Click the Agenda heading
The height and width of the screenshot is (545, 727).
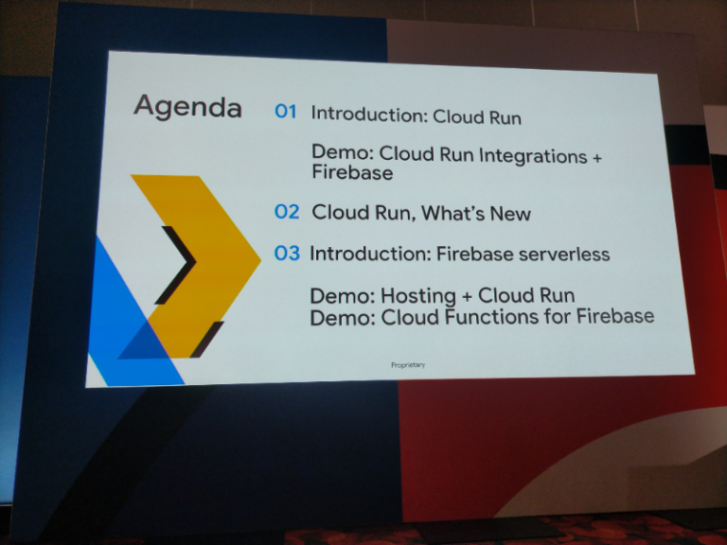pos(187,106)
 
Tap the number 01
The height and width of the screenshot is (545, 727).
pos(285,112)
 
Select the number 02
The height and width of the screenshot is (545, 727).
pos(286,211)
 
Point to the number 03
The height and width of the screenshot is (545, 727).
pos(286,253)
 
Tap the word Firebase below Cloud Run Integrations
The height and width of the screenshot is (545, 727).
pos(351,174)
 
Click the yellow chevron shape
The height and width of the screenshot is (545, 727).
pos(204,255)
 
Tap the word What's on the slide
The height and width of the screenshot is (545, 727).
pos(454,213)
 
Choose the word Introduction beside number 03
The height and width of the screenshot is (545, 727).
pos(367,254)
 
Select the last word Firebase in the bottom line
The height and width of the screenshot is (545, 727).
pos(614,316)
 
